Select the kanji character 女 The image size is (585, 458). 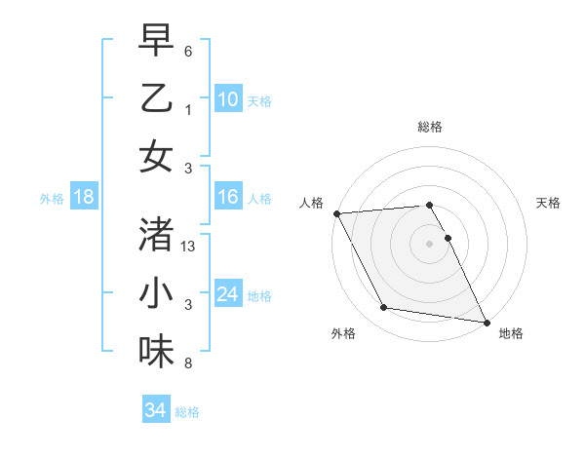tap(156, 156)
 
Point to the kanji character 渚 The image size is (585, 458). tap(156, 234)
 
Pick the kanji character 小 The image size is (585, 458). tap(156, 292)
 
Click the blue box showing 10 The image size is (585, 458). tap(227, 99)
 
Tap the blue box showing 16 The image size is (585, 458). tap(227, 198)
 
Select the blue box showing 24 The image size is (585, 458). tap(227, 295)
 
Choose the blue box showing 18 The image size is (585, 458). tap(83, 198)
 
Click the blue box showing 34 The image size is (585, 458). tap(155, 411)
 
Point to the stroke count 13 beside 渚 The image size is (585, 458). tap(189, 248)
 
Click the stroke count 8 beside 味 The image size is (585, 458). tap(187, 364)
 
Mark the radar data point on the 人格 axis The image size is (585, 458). tap(336, 213)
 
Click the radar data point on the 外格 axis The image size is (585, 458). tap(383, 308)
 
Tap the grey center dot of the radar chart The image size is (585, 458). tap(429, 243)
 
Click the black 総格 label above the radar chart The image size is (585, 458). tap(430, 128)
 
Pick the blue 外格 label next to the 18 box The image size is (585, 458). tap(52, 199)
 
